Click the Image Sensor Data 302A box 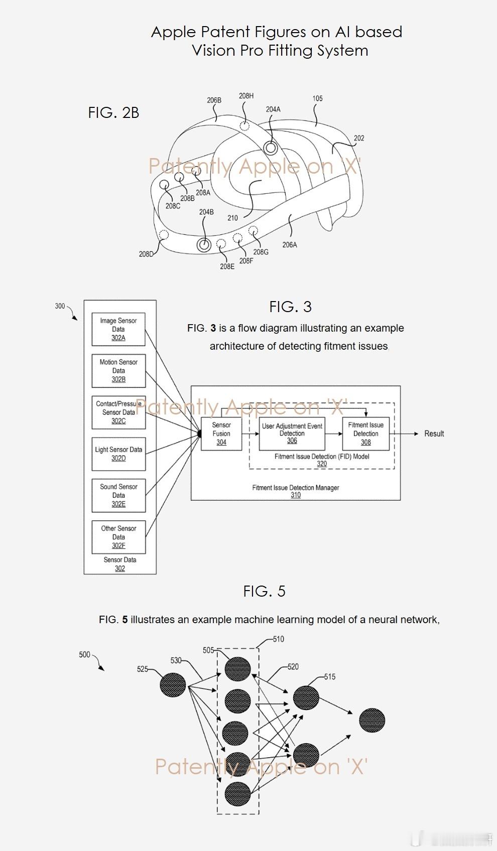118,329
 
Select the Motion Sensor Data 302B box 118,370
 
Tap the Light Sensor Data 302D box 118,454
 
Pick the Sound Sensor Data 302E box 118,495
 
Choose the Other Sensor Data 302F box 118,537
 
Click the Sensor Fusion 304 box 221,434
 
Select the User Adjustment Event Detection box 292,434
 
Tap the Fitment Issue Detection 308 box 366,434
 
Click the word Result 434,434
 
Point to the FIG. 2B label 113,112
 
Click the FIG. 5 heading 264,591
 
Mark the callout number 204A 273,109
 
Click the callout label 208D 146,254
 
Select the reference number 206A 290,245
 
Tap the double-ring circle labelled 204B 204,245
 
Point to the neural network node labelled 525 173,684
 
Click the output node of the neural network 372,720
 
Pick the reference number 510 279,639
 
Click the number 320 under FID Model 322,464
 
